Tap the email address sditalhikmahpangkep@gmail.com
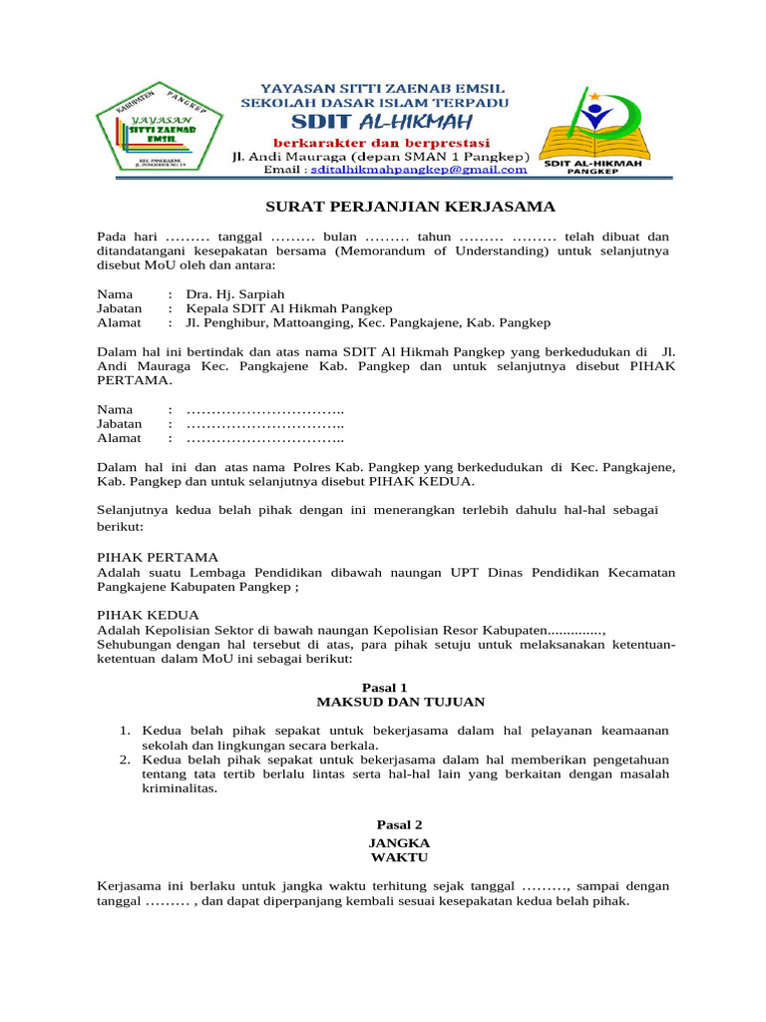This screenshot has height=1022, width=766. (418, 170)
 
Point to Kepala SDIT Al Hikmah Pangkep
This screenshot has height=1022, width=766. (288, 308)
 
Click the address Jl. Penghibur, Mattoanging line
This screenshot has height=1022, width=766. (368, 323)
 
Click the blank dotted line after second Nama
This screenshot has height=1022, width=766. (265, 410)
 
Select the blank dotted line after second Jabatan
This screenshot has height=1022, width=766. (265, 424)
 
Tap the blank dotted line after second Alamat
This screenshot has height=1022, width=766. (265, 438)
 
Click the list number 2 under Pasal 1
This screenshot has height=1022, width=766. (126, 760)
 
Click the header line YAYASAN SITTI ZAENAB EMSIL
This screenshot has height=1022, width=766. (375, 88)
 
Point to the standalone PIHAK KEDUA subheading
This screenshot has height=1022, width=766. (148, 615)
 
